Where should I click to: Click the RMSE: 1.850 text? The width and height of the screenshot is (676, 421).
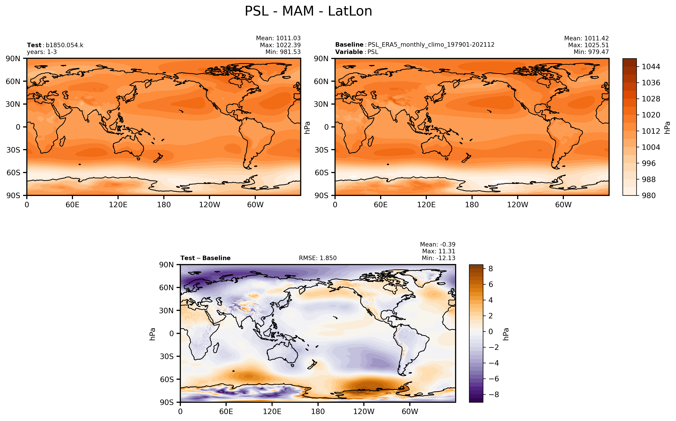[x=318, y=258]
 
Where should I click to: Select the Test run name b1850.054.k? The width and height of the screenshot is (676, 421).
[x=64, y=45]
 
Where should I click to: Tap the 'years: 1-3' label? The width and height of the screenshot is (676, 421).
[x=42, y=52]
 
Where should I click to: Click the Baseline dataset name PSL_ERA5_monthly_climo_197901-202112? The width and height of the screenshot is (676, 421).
[x=431, y=45]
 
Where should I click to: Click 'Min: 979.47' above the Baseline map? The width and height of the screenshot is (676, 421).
[x=591, y=52]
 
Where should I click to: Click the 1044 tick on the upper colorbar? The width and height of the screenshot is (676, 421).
[x=651, y=67]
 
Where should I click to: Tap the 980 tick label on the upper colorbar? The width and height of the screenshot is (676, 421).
[x=649, y=195]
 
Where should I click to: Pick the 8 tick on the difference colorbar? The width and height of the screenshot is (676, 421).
[x=490, y=269]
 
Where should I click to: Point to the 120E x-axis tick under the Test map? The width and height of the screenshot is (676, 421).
[x=118, y=205]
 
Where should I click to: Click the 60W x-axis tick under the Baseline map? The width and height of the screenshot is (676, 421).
[x=563, y=205]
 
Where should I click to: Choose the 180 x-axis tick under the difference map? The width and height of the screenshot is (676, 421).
[x=318, y=412]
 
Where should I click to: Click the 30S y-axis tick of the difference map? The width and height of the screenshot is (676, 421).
[x=167, y=356]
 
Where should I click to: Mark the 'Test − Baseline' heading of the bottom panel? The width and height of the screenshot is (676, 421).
[x=205, y=258]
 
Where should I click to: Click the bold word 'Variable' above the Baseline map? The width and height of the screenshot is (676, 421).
[x=349, y=52]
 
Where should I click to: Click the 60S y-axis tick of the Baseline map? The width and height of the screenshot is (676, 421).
[x=321, y=173]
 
